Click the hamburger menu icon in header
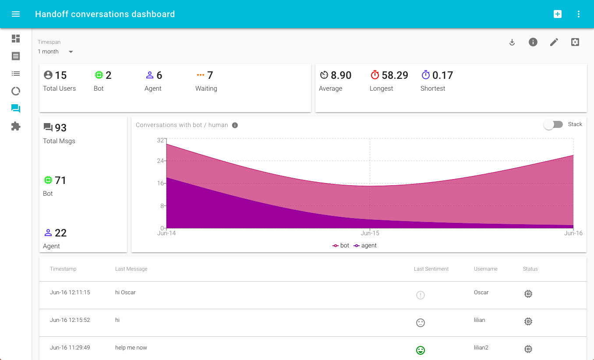tap(16, 14)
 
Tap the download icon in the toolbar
tap(512, 42)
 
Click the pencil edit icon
tap(554, 42)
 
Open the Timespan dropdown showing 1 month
tap(55, 52)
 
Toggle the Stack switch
tap(553, 124)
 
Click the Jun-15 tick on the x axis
tap(370, 233)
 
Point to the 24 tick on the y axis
tap(160, 161)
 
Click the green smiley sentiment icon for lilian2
tap(421, 350)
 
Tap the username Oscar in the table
tap(481, 293)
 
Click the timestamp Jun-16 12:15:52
tap(70, 320)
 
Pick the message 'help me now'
tap(131, 348)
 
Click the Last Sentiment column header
tap(431, 269)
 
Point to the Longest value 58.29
tap(395, 75)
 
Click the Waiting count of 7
tap(210, 75)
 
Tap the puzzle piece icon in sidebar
tap(16, 126)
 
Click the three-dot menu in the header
tap(579, 14)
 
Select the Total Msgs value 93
tap(60, 128)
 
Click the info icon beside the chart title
tap(235, 125)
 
